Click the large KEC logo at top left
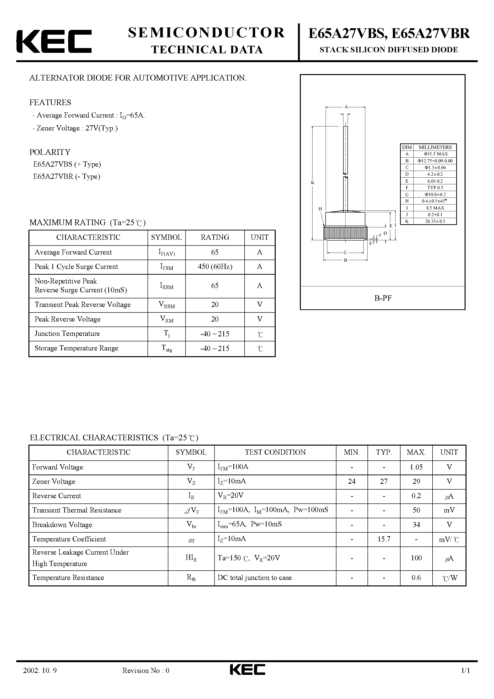click(54, 41)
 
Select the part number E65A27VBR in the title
click(430, 33)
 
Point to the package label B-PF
click(383, 298)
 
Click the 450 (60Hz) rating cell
click(215, 267)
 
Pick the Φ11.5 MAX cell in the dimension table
click(435, 154)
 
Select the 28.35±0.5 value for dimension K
click(435, 221)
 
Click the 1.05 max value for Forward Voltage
click(416, 467)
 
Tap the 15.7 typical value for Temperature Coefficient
click(384, 539)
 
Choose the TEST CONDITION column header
click(275, 452)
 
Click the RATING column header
click(215, 237)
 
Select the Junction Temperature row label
click(67, 334)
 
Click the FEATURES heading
click(50, 103)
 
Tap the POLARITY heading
click(50, 152)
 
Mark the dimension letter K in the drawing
click(313, 183)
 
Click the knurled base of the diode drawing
click(345, 233)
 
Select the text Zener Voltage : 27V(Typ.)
click(77, 128)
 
